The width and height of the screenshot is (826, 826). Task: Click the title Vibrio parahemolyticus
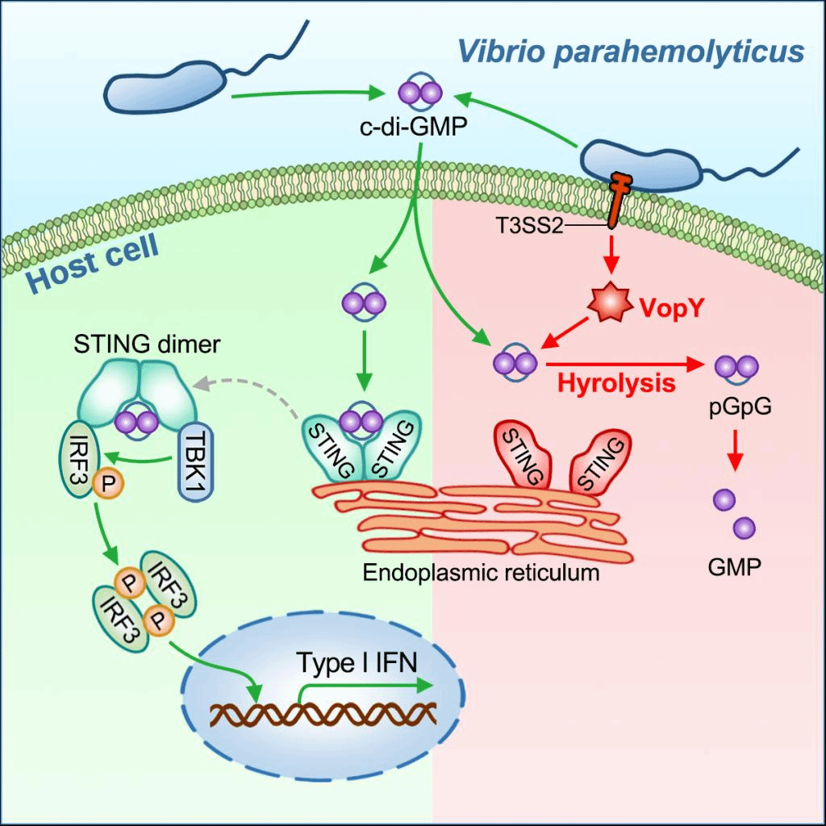(632, 51)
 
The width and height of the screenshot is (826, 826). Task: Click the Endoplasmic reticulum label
(481, 574)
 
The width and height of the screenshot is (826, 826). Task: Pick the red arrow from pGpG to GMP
(734, 451)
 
